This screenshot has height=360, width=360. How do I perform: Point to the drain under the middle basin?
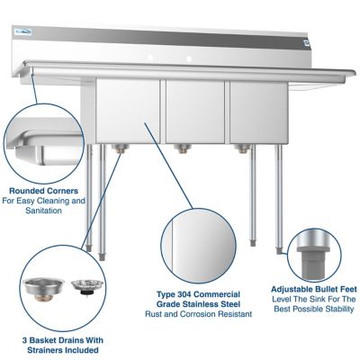[183, 148]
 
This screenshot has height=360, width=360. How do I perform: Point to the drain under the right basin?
[240, 148]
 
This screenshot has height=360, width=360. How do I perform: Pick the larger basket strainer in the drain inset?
[41, 287]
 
